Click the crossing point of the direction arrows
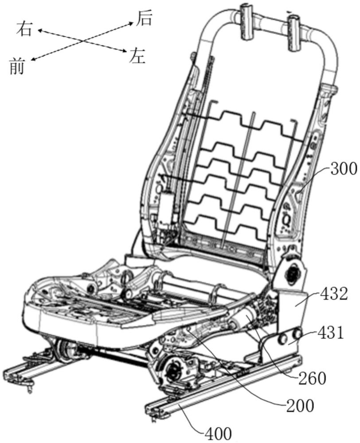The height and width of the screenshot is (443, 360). (x=82, y=41)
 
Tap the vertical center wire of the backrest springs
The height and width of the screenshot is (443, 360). (x=246, y=177)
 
